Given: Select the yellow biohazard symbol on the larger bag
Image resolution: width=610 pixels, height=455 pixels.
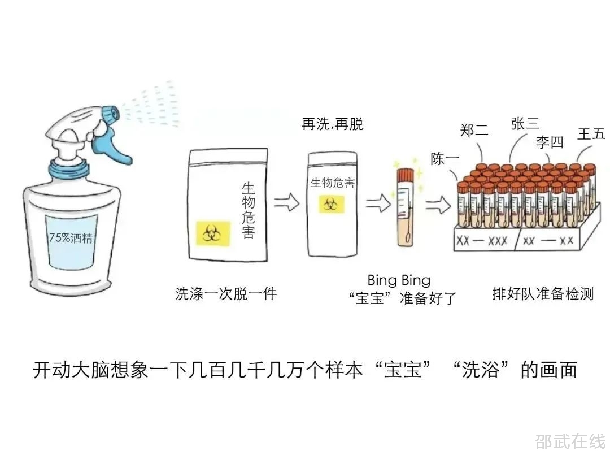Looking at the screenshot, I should coord(213,233).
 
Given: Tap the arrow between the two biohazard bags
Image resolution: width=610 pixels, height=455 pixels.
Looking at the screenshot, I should coord(286,202).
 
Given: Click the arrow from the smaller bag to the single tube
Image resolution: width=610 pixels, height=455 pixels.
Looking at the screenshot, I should coord(377,202).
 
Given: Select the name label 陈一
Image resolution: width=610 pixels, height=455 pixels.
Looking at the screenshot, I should coord(445,159).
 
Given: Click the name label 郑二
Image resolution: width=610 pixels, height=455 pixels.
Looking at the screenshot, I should coord(474,130).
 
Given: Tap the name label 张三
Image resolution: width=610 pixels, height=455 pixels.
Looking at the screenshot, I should coord(525,124).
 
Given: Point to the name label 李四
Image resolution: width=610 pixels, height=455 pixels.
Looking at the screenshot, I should coord(550,142).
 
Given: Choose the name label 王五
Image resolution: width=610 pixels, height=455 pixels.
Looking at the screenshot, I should coord(591,134).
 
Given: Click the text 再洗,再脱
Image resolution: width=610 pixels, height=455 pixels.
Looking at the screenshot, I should coord(332,124).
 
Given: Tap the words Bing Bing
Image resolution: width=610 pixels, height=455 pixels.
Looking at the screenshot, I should coord(398,280).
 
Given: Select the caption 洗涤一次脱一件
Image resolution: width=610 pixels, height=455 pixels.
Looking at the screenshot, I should coord(226,294).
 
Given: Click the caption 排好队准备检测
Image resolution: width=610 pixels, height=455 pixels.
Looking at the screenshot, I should coord(543,294).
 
